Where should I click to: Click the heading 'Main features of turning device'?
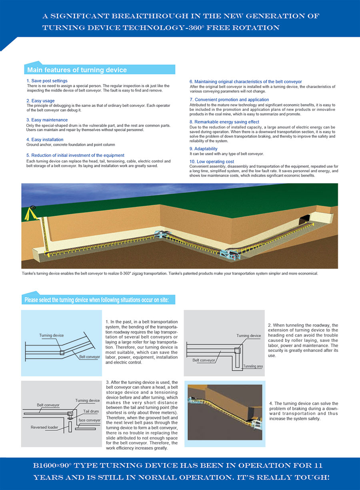pos(77,70)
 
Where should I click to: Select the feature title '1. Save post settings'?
pos(47,81)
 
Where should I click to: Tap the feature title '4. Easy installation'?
pos(45,140)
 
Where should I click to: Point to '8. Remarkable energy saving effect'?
pos(224,122)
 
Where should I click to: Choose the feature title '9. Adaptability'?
pos(204,149)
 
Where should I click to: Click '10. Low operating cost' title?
pos(212,162)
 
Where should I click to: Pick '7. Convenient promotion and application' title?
pos(229,100)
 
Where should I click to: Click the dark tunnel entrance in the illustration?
pos(306,218)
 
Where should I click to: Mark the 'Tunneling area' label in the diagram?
pos(252,366)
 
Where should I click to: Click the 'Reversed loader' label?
pos(44,427)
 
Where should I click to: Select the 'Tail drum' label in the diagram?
pos(91,411)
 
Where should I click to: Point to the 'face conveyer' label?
pos(90,420)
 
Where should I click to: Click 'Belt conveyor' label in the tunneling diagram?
pos(204,360)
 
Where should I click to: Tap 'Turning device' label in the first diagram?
pos(51,335)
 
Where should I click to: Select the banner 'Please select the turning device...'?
pos(97,299)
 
